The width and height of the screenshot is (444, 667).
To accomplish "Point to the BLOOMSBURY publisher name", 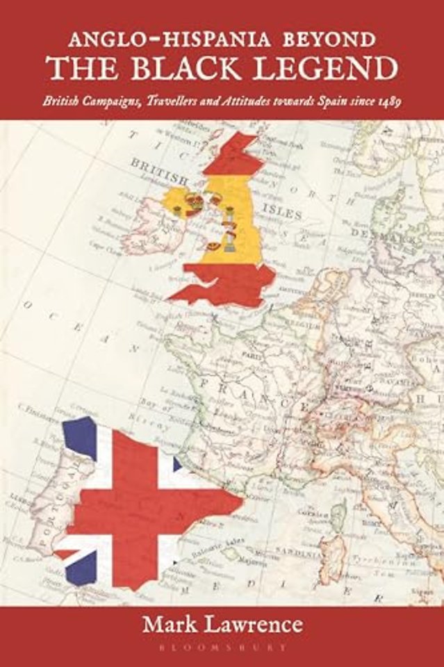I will (222, 647).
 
